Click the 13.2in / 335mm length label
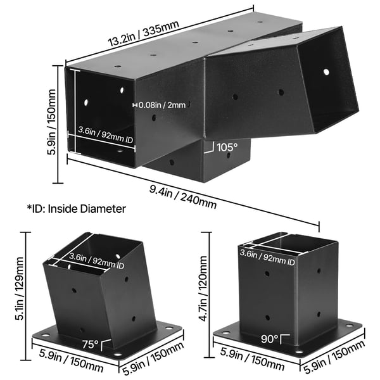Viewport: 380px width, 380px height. coord(144,34)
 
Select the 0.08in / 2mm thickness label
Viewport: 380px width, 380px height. coord(162,105)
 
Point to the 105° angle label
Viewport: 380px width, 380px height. coord(227,148)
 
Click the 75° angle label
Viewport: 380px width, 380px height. coord(90,345)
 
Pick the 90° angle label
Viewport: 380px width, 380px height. coord(270,339)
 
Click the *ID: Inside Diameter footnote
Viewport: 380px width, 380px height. coord(77,208)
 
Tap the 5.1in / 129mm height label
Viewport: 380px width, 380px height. coord(20,289)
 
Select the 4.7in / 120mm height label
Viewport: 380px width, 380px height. coord(203,289)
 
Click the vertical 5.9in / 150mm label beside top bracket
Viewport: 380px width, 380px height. coord(51,122)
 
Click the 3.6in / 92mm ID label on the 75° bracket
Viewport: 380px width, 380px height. coord(97,261)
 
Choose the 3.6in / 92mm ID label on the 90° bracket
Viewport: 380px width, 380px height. coord(267,257)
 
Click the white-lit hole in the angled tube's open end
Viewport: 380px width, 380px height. coord(326,72)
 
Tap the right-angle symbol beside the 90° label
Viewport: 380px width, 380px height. coord(285,339)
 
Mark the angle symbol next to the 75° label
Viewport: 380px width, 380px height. coord(106,345)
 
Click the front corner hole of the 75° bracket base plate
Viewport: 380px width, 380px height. coord(118,355)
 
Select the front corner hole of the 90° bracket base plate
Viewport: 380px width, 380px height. coord(299,351)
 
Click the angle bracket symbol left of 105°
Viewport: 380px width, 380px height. coord(210,148)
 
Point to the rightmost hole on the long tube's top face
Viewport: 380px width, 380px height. coord(260,22)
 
